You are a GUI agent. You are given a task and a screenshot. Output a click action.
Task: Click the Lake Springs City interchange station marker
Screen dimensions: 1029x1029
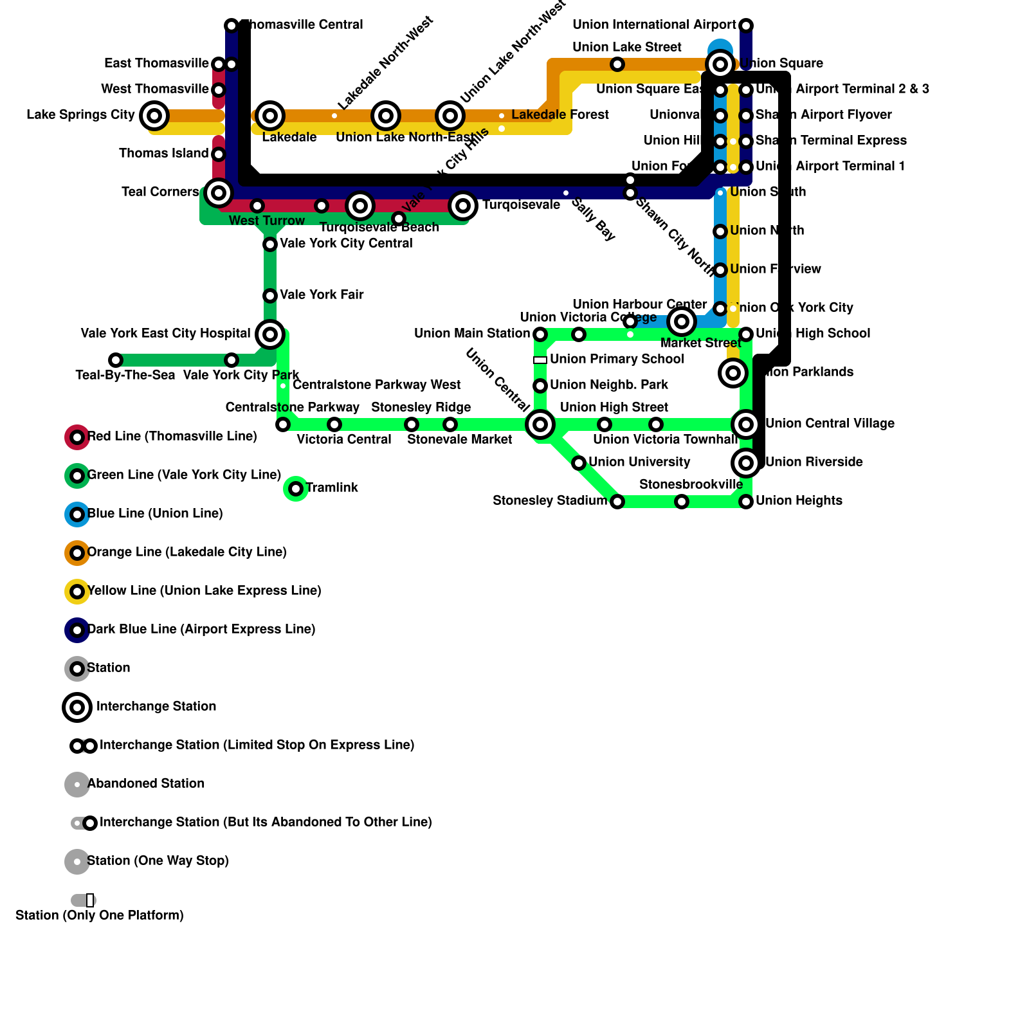coord(154,116)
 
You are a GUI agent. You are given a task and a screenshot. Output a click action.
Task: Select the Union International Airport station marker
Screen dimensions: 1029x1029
coord(746,26)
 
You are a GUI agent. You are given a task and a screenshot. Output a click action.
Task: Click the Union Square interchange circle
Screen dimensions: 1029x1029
coord(720,64)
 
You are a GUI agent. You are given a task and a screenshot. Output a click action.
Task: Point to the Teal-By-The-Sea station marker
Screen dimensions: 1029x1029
coord(116,360)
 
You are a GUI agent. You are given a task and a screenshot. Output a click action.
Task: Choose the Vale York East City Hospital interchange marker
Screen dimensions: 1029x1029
coord(270,334)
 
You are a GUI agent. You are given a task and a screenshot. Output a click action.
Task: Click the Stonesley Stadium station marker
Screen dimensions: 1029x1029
coord(617,502)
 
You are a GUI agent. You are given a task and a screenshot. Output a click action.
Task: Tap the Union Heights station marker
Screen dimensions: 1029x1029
coord(746,502)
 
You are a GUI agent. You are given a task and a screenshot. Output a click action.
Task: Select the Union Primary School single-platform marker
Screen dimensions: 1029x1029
coord(540,360)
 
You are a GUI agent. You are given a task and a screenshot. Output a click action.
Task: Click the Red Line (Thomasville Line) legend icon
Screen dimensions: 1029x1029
coord(77,437)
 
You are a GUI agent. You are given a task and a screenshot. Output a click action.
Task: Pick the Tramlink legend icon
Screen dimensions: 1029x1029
coord(296,489)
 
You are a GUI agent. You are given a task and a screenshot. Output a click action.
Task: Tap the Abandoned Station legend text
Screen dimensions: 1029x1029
coord(146,783)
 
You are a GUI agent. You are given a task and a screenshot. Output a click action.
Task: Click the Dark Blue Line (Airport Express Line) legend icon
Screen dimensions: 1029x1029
coord(77,630)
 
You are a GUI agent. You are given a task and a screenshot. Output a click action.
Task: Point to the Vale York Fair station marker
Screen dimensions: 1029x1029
coord(270,296)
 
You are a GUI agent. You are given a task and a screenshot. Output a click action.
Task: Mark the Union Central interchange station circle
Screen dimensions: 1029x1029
coord(540,424)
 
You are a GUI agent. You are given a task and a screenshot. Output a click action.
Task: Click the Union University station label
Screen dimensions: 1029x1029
coord(639,462)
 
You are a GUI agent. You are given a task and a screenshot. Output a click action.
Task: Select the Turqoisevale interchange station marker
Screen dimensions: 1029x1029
coord(463,206)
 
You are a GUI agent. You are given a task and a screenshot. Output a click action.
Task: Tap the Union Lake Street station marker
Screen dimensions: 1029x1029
coord(617,64)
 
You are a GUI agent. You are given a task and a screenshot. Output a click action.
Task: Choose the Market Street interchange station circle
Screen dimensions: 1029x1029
coord(682,322)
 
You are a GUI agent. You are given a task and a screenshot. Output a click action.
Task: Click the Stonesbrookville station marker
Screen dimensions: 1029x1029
coord(682,502)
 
